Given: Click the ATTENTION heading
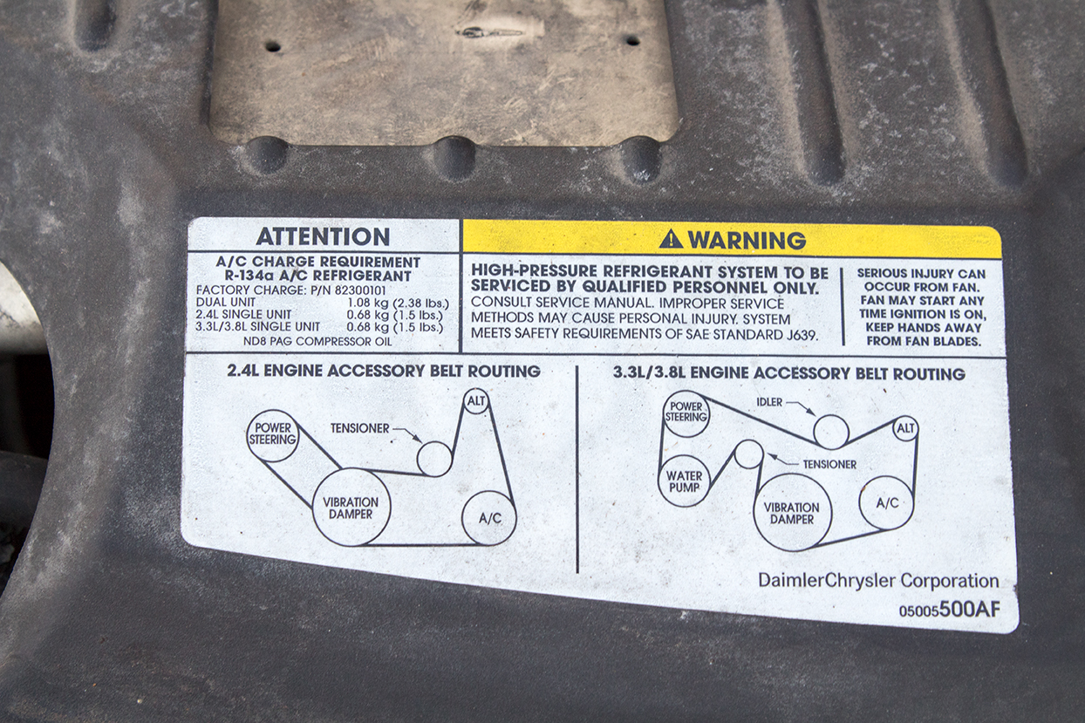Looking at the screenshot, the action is [323, 237].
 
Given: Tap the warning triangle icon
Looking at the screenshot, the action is [671, 239].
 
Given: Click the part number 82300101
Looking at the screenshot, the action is [360, 290].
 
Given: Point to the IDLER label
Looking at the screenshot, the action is [769, 402].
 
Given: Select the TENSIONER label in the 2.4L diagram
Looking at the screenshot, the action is [360, 428].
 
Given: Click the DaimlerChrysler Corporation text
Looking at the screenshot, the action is [878, 580].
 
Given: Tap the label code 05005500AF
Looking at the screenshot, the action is [949, 610].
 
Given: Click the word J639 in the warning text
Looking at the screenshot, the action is [799, 335].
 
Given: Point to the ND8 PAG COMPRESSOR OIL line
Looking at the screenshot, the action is [317, 341].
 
